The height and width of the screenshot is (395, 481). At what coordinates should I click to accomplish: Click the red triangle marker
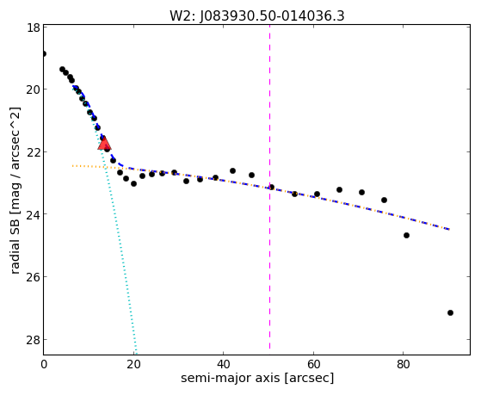(x=104, y=143)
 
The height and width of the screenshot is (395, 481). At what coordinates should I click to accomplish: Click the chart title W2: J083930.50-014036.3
(x=257, y=15)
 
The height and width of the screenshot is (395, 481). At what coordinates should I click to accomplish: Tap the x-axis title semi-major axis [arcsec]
(x=257, y=378)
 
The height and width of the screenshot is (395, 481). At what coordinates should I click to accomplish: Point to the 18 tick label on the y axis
(x=33, y=28)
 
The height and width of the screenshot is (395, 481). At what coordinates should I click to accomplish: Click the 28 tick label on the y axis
(x=33, y=339)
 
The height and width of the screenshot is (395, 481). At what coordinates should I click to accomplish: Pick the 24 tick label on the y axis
(x=33, y=214)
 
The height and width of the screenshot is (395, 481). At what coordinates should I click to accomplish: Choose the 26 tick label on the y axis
(x=33, y=277)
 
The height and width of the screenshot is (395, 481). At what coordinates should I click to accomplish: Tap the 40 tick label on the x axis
(x=223, y=364)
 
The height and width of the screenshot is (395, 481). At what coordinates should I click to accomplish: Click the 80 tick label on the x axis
(x=403, y=364)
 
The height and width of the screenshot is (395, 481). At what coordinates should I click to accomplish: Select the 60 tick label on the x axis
(x=313, y=364)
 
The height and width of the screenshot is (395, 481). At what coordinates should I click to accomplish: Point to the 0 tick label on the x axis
(x=44, y=364)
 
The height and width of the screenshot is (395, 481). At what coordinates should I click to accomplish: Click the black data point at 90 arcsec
(x=450, y=312)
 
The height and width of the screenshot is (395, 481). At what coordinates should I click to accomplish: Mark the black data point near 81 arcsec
(x=406, y=236)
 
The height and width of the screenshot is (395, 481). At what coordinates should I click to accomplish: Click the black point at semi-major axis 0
(x=44, y=53)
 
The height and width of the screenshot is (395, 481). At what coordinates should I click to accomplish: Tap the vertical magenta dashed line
(x=269, y=187)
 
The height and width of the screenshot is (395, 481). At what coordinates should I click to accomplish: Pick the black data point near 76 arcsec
(x=384, y=201)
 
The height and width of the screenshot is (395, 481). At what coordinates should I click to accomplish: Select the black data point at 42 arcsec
(x=232, y=170)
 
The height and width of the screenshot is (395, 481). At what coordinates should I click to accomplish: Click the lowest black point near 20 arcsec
(x=133, y=183)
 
